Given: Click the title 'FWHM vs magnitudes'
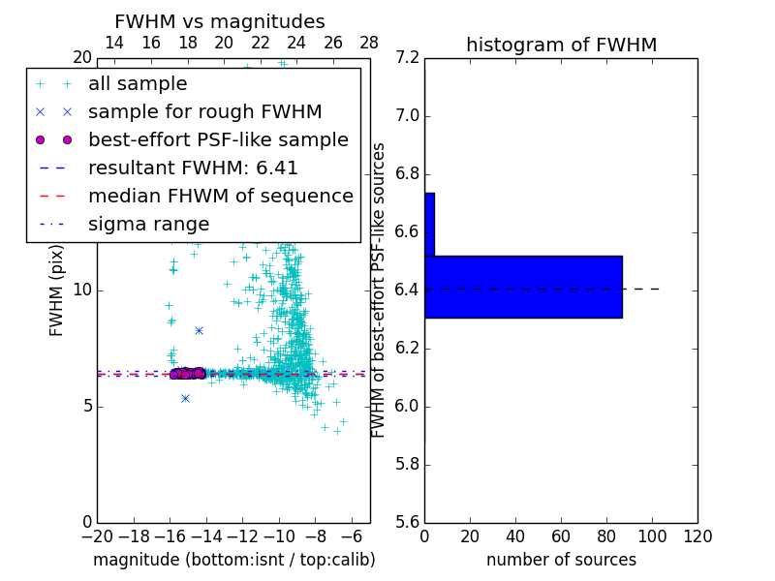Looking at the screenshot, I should pyautogui.click(x=220, y=22).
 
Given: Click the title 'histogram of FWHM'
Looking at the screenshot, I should pyautogui.click(x=561, y=46).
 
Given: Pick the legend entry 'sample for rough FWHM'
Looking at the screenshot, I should pyautogui.click(x=204, y=112).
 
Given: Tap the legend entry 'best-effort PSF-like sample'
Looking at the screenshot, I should pyautogui.click(x=218, y=140).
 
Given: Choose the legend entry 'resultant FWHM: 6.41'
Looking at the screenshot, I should pyautogui.click(x=193, y=168).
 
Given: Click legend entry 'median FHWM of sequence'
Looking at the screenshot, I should pyautogui.click(x=220, y=197).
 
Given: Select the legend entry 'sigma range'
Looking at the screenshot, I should pyautogui.click(x=148, y=225).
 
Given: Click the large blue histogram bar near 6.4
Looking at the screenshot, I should pyautogui.click(x=523, y=287).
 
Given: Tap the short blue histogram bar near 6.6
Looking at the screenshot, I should pyautogui.click(x=429, y=224).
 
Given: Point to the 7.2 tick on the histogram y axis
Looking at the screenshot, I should pyautogui.click(x=407, y=58).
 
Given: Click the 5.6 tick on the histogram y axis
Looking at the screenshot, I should pyautogui.click(x=407, y=522).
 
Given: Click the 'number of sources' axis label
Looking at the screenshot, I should pyautogui.click(x=561, y=561).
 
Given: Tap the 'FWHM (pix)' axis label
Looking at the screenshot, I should pyautogui.click(x=57, y=290).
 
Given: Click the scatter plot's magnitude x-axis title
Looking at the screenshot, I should pyautogui.click(x=233, y=561).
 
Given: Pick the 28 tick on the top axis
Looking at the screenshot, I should pyautogui.click(x=369, y=43).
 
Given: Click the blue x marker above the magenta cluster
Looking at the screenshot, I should pyautogui.click(x=199, y=330).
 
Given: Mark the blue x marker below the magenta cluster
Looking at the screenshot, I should pyautogui.click(x=185, y=398).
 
